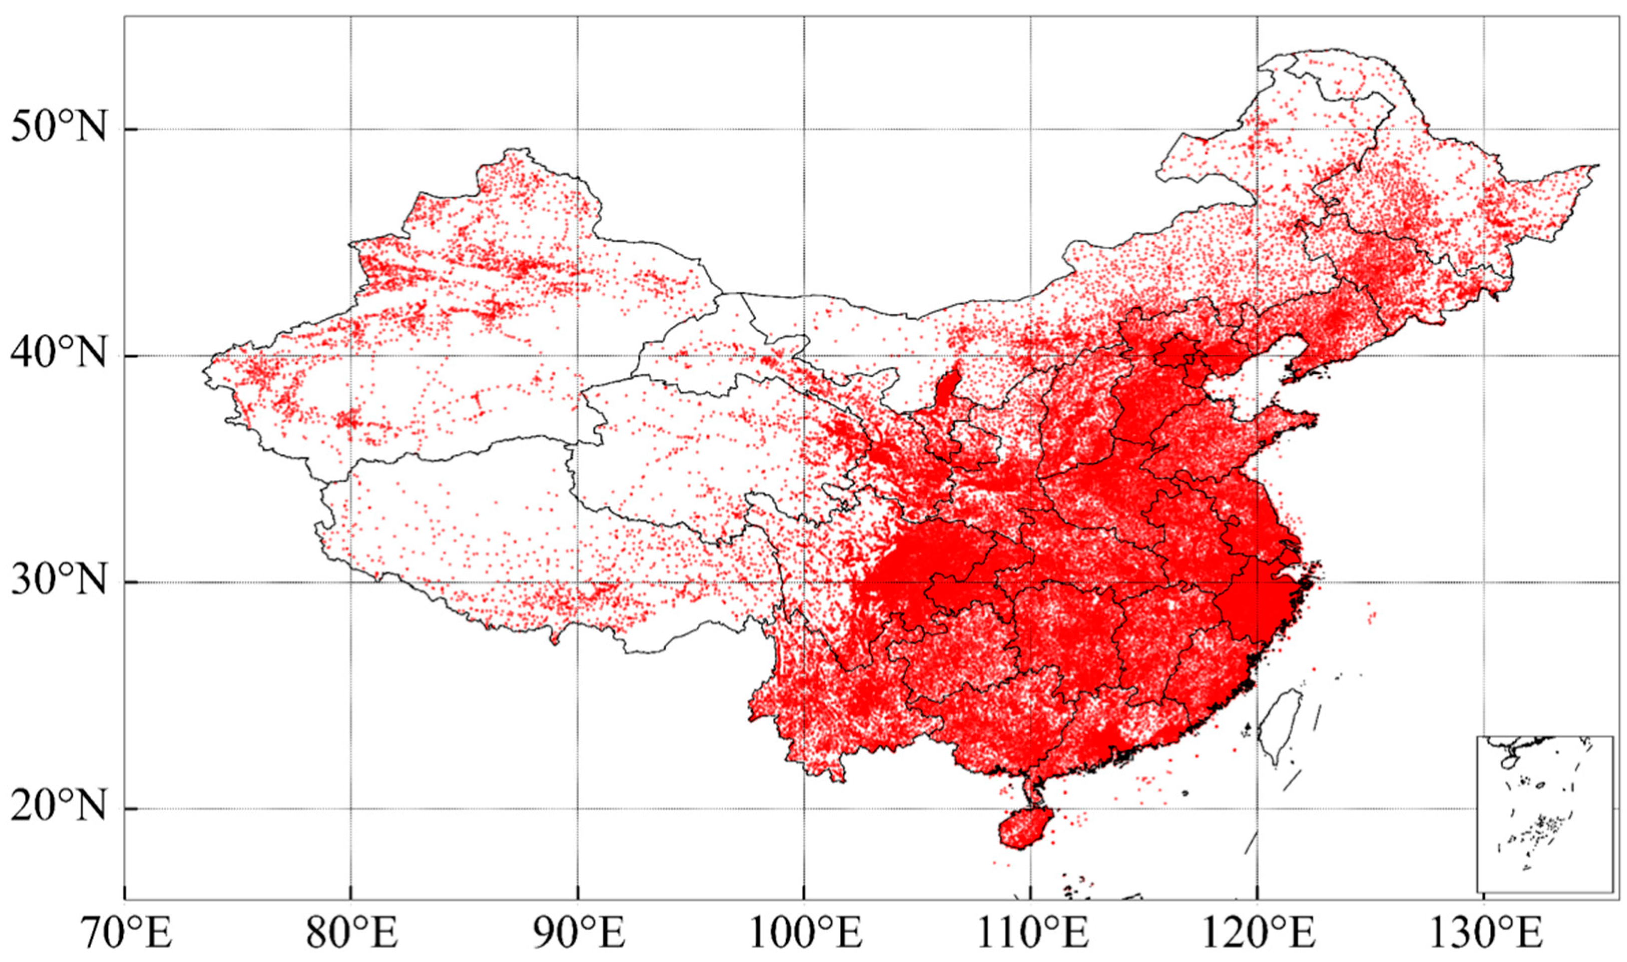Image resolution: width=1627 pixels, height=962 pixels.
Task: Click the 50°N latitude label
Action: (x=59, y=128)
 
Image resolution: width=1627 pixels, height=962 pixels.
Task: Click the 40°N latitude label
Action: (x=59, y=355)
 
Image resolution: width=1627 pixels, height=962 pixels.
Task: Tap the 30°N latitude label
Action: (x=59, y=582)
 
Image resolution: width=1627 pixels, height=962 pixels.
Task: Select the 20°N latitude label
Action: (x=59, y=808)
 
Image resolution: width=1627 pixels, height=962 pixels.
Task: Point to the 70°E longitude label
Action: (x=125, y=935)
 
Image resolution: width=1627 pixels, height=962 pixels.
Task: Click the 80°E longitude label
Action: (x=350, y=935)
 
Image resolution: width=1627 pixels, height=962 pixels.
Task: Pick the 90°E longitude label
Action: (x=578, y=935)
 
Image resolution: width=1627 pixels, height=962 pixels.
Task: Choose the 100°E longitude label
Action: (x=804, y=935)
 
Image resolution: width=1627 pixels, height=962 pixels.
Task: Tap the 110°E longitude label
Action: (x=1031, y=935)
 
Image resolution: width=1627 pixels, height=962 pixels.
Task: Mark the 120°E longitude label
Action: (x=1257, y=935)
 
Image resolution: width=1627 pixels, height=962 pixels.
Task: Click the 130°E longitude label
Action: (x=1484, y=935)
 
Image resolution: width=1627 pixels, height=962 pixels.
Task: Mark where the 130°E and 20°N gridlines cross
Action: (x=1484, y=808)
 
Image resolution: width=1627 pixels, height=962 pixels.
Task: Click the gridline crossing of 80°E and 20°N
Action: (x=350, y=808)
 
